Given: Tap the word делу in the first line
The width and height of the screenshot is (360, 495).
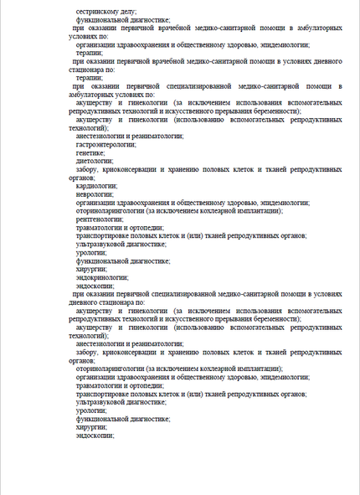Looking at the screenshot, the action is pyautogui.click(x=130, y=10).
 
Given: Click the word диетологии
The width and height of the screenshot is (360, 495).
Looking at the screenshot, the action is pyautogui.click(x=94, y=161).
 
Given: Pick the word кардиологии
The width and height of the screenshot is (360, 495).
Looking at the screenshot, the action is pyautogui.click(x=95, y=186).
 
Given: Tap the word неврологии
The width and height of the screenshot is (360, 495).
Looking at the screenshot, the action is pyautogui.click(x=94, y=194).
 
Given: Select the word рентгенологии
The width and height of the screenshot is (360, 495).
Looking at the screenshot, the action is pyautogui.click(x=99, y=219).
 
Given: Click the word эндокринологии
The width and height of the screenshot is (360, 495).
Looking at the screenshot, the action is pyautogui.click(x=102, y=277).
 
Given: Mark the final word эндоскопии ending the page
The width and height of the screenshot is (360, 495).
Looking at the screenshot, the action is pyautogui.click(x=95, y=436).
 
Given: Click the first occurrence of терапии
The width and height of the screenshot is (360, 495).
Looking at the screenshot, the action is pyautogui.click(x=89, y=52).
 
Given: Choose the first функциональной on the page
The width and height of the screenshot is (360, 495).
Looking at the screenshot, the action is pyautogui.click(x=100, y=18).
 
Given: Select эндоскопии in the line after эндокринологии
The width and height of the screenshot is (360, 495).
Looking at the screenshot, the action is pyautogui.click(x=95, y=286).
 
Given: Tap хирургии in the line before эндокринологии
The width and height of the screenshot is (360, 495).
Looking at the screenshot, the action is pyautogui.click(x=91, y=269).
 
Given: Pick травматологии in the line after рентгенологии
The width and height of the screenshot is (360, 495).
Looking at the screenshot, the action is pyautogui.click(x=103, y=228).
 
